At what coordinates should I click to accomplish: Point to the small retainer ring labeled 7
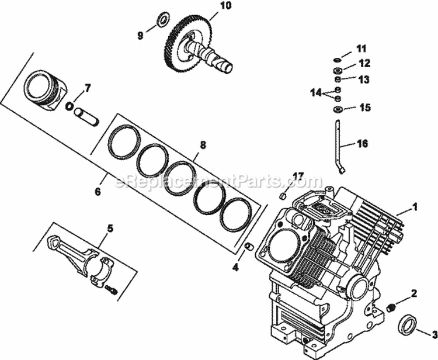coord(69,106)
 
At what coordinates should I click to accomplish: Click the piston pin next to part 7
coord(86,115)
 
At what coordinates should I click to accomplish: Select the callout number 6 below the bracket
coord(97,191)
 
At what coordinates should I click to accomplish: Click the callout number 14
coord(316,93)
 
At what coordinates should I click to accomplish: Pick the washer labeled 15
coord(338,109)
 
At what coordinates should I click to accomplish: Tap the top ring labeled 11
coord(338,60)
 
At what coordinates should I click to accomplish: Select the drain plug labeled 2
coord(391,307)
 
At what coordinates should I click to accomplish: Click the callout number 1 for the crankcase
coord(415,206)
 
